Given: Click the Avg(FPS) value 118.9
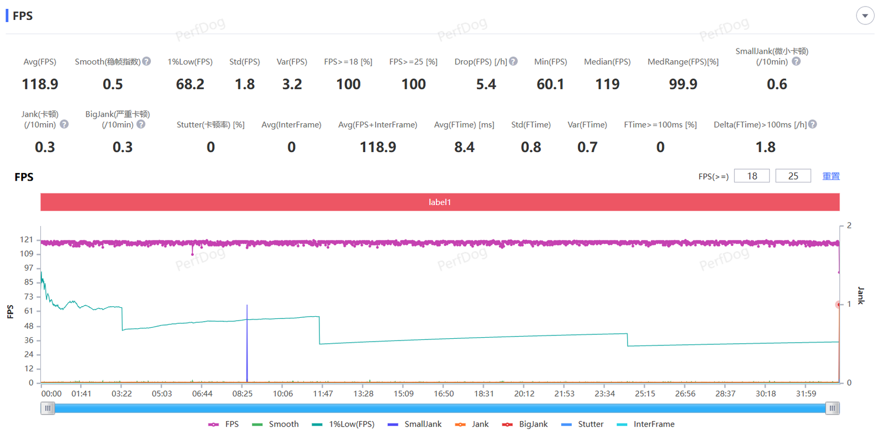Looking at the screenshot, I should point(40,84).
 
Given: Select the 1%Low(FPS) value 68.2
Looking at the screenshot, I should point(190,84).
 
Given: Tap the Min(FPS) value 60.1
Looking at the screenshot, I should point(550,84).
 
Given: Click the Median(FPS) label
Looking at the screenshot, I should point(607,62).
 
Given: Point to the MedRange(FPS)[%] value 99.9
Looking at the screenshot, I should point(683,84).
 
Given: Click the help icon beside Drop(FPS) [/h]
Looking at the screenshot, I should point(514,61).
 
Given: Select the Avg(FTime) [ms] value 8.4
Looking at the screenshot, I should point(464,147).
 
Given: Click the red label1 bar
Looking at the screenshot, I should point(440,202).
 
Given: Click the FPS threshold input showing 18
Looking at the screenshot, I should point(751,176).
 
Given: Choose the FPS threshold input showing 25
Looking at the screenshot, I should point(793,176).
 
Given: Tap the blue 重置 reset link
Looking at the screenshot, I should point(831,176).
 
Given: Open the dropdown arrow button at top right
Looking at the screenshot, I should point(865,15).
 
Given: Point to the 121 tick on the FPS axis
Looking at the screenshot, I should point(27,239).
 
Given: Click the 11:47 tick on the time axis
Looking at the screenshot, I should point(323,394).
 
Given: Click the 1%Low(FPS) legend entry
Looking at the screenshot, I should point(344,424).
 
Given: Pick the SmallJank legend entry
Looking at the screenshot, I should point(415,424).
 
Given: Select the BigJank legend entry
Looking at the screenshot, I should point(525,424).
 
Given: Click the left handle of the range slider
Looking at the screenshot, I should point(48,408).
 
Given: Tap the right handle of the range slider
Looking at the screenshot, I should point(833,408).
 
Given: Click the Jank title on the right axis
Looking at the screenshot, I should point(860,295).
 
